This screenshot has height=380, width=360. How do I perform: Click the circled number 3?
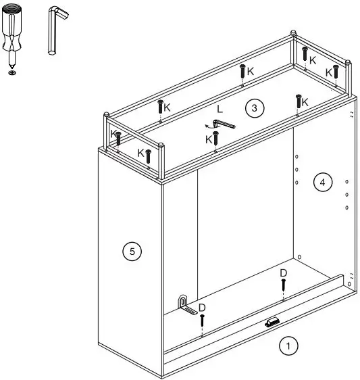(x=253, y=109)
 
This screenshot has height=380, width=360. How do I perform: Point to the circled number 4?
(x=322, y=182)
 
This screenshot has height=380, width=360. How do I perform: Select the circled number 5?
(x=132, y=252)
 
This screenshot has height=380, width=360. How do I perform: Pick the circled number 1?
(x=288, y=346)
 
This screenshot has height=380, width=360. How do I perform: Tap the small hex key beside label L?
(x=220, y=124)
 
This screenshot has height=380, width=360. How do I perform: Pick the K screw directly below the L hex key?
(x=215, y=139)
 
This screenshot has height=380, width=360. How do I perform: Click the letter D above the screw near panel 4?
(x=284, y=272)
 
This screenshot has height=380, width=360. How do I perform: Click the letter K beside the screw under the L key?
(x=208, y=139)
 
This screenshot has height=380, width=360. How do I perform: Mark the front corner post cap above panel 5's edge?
(x=162, y=145)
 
